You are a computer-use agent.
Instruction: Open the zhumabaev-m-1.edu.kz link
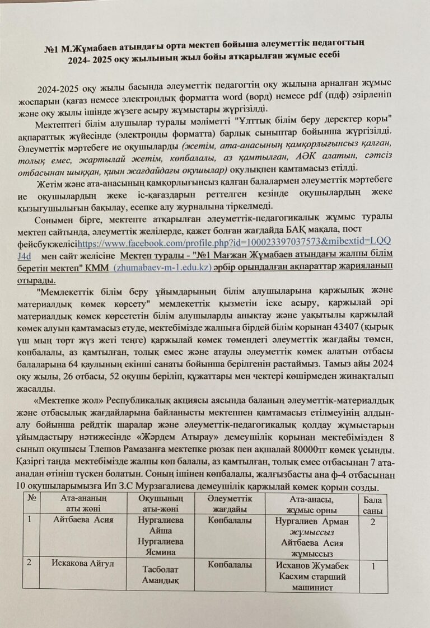(162, 268)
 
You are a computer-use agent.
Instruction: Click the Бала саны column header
(372, 507)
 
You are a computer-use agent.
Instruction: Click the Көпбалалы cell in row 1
(229, 521)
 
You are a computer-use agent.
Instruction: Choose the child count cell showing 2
(372, 523)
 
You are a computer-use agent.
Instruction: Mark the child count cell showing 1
(372, 566)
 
